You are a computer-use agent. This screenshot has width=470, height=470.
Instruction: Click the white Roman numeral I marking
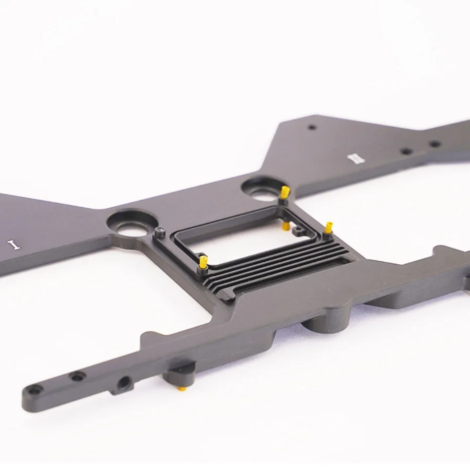click(14, 244)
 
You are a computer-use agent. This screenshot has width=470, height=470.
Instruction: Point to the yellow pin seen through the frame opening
click(286, 226)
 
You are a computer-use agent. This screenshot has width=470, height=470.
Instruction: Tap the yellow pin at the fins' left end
click(203, 262)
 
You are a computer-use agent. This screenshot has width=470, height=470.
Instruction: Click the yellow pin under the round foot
click(182, 389)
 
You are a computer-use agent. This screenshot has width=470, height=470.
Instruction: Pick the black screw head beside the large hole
click(160, 231)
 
